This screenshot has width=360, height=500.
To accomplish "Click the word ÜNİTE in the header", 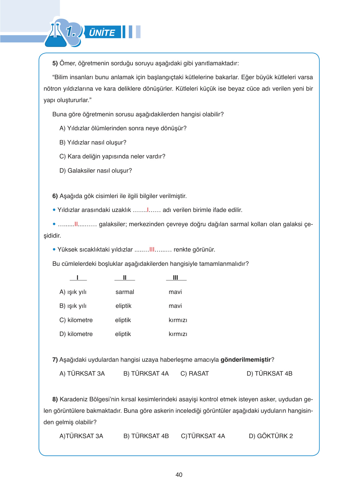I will tap(102, 33).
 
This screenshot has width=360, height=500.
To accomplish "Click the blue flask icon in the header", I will tap(56, 37).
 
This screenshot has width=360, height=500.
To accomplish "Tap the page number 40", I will tap(179, 475).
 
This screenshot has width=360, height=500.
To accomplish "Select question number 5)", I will tap(55, 63).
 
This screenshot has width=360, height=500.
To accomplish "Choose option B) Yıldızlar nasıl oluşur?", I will tap(93, 143).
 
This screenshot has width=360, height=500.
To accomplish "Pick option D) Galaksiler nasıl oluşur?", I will tap(96, 171).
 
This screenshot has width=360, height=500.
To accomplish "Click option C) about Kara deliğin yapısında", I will tap(112, 157).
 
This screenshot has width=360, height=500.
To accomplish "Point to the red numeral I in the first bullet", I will tap(148, 210).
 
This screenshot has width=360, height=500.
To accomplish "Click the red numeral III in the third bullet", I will tap(152, 250).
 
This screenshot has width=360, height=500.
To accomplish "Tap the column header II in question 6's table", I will tap(125, 278).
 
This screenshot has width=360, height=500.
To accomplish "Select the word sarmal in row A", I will tap(125, 292).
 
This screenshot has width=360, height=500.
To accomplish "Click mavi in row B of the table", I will tap(175, 306).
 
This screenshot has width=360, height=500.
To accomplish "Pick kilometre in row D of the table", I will tap(80, 334).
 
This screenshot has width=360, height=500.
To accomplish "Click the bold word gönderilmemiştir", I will tap(246, 360).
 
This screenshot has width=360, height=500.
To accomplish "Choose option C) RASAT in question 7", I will tap(195, 374).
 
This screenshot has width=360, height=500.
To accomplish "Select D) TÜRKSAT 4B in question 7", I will tap(269, 374).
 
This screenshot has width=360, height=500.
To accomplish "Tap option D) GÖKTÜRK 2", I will tap(271, 436).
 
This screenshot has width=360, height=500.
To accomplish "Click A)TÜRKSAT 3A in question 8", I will tap(81, 436).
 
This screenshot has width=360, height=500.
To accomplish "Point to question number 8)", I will tap(55, 399).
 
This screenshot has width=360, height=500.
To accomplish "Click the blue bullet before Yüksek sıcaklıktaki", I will tap(54, 249).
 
